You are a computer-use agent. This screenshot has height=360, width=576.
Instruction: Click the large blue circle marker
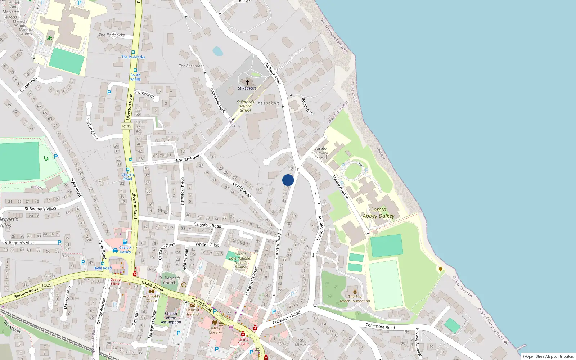coord(288,180)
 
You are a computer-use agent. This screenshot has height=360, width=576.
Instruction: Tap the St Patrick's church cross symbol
coord(247,82)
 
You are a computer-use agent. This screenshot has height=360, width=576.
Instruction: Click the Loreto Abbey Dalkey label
coord(378,213)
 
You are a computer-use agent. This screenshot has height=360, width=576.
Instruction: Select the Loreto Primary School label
coord(320,153)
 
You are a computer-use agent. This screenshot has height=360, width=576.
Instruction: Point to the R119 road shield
coord(127,126)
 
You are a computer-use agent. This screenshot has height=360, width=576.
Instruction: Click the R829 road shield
coord(47,285)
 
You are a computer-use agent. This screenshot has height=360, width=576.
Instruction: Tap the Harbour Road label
coord(273,73)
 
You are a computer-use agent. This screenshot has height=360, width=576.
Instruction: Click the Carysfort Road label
coord(207,225)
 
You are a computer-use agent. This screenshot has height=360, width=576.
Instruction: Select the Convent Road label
coord(278,246)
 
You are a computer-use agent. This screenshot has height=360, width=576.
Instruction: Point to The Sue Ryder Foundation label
coord(355,299)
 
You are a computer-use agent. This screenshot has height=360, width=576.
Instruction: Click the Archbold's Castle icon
coord(152,291)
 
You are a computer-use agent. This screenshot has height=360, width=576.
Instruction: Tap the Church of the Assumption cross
coord(171,308)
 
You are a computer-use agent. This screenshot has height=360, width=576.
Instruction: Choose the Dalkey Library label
coord(215,330)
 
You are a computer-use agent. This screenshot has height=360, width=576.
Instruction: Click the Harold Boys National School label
coord(240,260)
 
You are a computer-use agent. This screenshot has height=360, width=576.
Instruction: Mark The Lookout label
coord(267,103)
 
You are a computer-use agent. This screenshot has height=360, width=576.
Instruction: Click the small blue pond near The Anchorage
coord(217,51)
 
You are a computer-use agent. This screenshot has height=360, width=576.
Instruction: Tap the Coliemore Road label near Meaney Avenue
coord(380,327)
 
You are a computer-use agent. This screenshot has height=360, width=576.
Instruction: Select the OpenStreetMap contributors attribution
coord(548,357)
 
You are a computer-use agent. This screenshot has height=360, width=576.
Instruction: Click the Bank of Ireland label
coord(193,312)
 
